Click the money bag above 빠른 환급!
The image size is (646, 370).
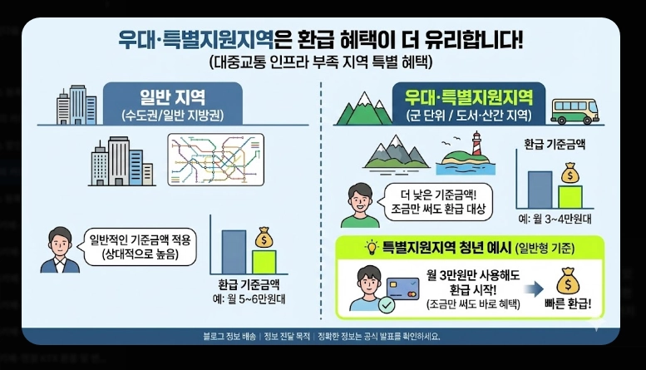coord(570,280)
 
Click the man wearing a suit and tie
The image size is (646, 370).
coord(59,249)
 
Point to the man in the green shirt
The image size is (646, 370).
coord(361,204)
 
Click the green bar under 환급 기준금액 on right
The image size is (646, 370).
coord(570,196)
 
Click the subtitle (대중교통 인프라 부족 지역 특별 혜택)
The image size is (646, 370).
coord(323,62)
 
